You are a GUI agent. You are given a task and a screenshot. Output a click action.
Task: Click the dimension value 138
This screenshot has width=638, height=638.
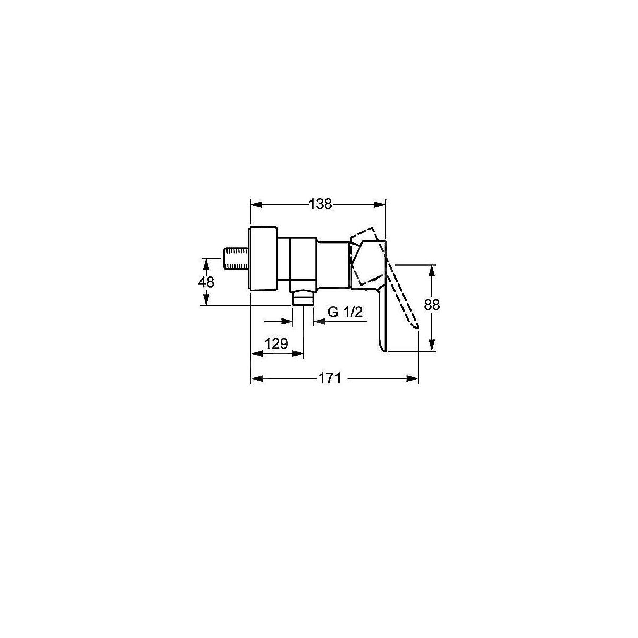click(x=320, y=204)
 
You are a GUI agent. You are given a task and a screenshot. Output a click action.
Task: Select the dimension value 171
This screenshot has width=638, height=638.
click(x=330, y=379)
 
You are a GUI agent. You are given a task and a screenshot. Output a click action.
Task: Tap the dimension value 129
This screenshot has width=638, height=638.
click(x=276, y=343)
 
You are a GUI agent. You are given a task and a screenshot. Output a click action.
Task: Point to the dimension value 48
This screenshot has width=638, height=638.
click(x=206, y=282)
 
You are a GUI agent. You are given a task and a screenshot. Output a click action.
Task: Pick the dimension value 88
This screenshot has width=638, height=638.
click(x=432, y=305)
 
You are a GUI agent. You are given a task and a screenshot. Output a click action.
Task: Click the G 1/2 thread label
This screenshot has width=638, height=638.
click(x=345, y=312)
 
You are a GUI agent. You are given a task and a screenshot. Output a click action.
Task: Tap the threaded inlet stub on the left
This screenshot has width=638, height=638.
click(x=235, y=258)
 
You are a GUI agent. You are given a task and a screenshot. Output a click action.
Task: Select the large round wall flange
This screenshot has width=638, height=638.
click(x=263, y=258)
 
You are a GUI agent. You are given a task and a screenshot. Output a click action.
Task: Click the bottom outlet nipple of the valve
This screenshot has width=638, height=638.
click(x=303, y=298)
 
